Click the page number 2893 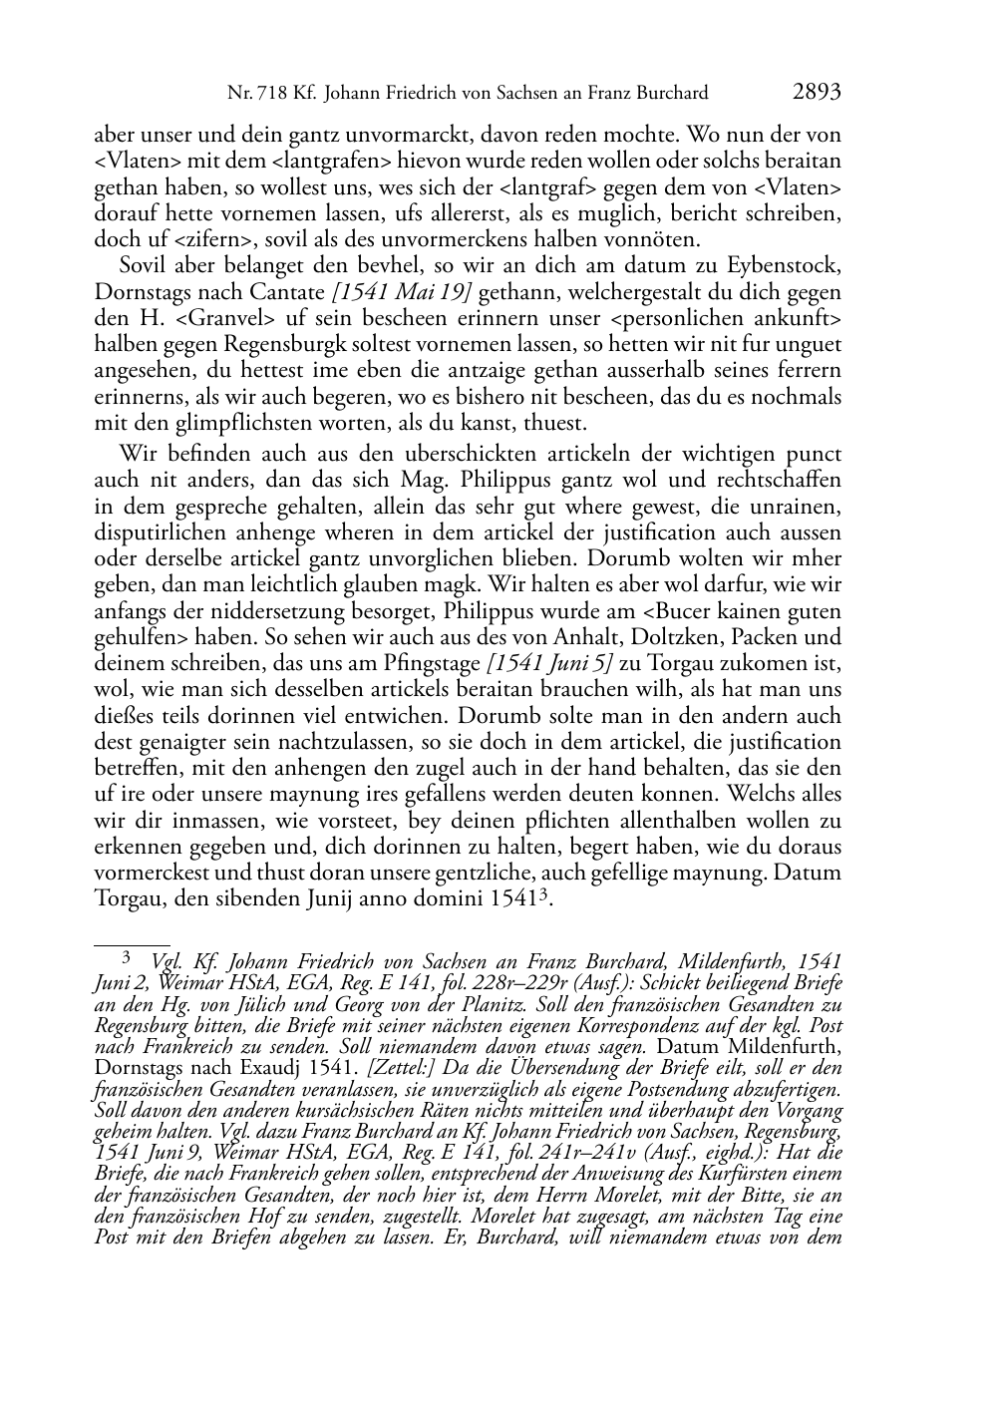pos(817,93)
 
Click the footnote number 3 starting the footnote pos(127,959)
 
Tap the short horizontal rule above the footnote pos(132,940)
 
